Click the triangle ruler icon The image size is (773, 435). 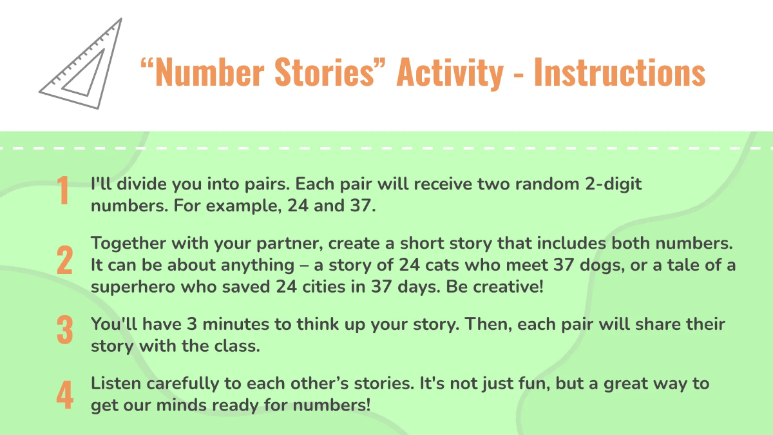[81, 64]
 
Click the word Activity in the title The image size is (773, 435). [450, 73]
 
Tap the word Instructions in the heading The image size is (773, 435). [619, 73]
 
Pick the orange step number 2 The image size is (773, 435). [64, 262]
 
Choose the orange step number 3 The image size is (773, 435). [64, 330]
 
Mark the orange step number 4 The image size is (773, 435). [64, 394]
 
